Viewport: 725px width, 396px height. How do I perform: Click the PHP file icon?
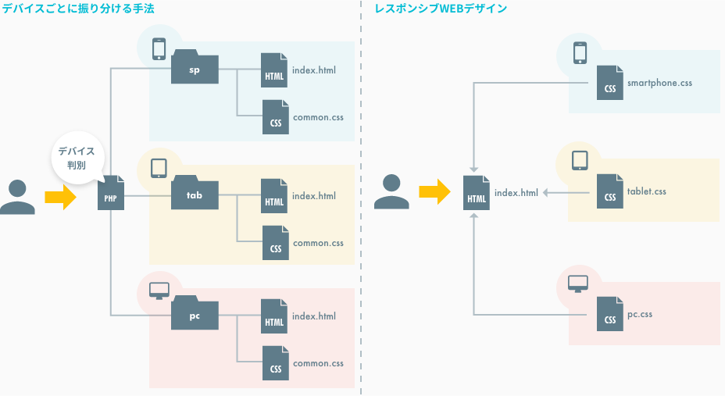point(110,194)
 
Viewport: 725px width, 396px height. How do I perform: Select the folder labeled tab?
point(195,192)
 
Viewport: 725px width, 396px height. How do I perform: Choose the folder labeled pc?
point(195,314)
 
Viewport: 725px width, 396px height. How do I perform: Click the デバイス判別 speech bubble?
point(76,157)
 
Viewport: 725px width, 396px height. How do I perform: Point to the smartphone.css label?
point(659,82)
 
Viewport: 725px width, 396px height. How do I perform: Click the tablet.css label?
point(646,191)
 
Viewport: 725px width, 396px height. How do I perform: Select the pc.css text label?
point(639,315)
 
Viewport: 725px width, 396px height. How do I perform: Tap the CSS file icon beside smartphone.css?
point(610,83)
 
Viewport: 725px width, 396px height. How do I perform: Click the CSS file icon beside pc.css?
point(610,315)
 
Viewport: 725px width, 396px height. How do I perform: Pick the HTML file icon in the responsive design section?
point(476,193)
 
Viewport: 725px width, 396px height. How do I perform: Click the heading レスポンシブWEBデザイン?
point(441,9)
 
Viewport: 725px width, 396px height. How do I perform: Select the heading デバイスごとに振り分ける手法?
point(78,9)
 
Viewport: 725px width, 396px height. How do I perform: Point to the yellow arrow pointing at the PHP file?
point(60,196)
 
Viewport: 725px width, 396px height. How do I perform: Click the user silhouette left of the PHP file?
point(17,197)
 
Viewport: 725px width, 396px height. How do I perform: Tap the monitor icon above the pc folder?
point(159,291)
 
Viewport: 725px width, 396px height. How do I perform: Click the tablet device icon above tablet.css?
point(579,160)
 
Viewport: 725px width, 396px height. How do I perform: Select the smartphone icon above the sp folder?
point(159,48)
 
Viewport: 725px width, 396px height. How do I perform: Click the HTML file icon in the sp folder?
point(274,70)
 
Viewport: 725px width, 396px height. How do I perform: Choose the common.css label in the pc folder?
point(318,363)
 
